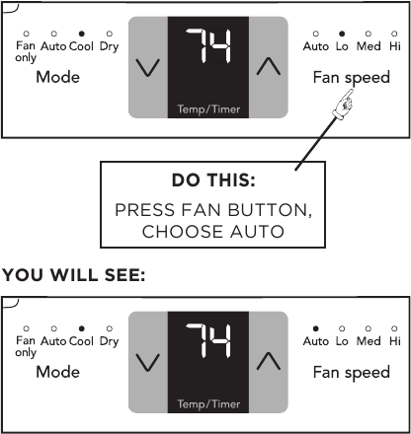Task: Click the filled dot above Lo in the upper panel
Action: (342, 33)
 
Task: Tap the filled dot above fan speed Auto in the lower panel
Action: (315, 327)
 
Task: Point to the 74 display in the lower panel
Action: (208, 341)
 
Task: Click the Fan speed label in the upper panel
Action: (352, 77)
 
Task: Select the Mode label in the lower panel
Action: (57, 372)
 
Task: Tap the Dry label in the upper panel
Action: (109, 45)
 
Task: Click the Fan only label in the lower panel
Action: (26, 345)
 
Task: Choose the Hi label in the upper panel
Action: (395, 45)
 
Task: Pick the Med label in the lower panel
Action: (369, 341)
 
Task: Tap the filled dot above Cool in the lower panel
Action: (81, 327)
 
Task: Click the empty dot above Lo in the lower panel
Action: (342, 327)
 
